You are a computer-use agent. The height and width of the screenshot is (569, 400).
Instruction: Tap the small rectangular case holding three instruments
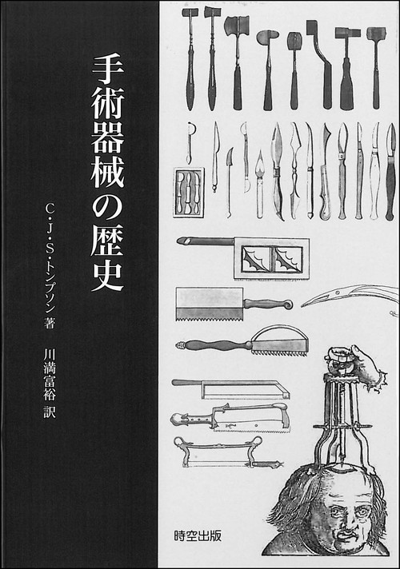[188, 192]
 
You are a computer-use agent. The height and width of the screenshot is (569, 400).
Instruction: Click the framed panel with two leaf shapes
[272, 258]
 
